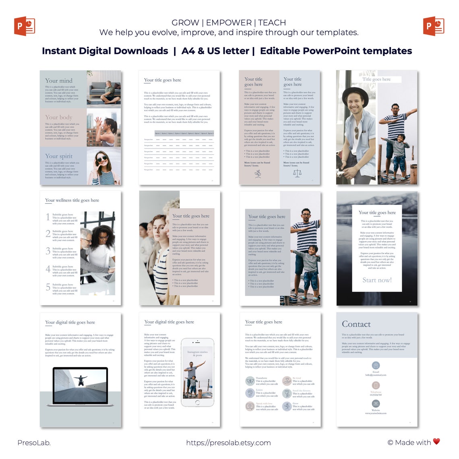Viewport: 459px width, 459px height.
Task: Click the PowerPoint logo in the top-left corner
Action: (25, 26)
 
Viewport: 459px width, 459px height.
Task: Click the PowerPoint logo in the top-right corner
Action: (434, 26)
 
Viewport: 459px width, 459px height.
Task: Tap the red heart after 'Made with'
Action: (436, 441)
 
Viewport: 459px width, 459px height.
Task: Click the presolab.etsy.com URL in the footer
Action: (228, 442)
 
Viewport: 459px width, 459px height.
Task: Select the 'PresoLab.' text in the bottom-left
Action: (34, 442)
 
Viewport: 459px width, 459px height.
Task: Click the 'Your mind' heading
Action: (59, 81)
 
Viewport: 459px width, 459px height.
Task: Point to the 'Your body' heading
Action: (59, 117)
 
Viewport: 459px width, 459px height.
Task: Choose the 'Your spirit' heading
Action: (59, 156)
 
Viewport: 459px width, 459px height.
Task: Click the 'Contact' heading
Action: (356, 324)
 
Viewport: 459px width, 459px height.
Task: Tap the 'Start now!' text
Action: (377, 280)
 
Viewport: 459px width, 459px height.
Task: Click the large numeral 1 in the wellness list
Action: (48, 217)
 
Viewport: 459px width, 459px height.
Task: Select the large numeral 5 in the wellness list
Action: (48, 287)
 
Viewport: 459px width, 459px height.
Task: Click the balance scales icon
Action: (297, 174)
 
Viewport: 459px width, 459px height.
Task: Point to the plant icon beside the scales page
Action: (258, 174)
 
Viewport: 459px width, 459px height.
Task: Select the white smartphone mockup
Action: (197, 372)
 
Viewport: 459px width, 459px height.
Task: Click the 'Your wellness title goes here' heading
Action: (72, 200)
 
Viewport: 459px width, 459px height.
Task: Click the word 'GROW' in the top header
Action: (185, 23)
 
